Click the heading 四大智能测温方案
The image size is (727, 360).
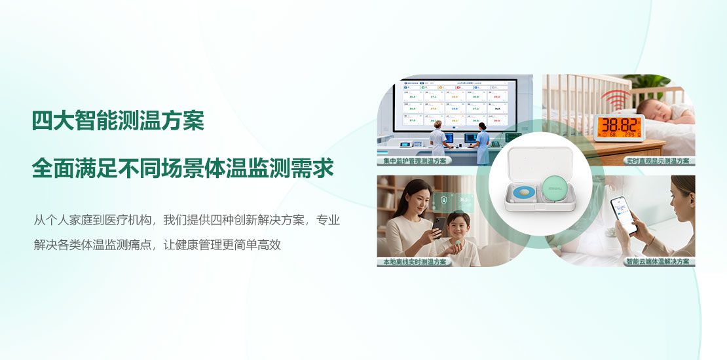point(118,121)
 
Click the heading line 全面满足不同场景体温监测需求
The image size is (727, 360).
point(183,168)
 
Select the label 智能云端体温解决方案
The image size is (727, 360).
point(658,262)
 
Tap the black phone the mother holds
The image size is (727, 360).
point(435,226)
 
